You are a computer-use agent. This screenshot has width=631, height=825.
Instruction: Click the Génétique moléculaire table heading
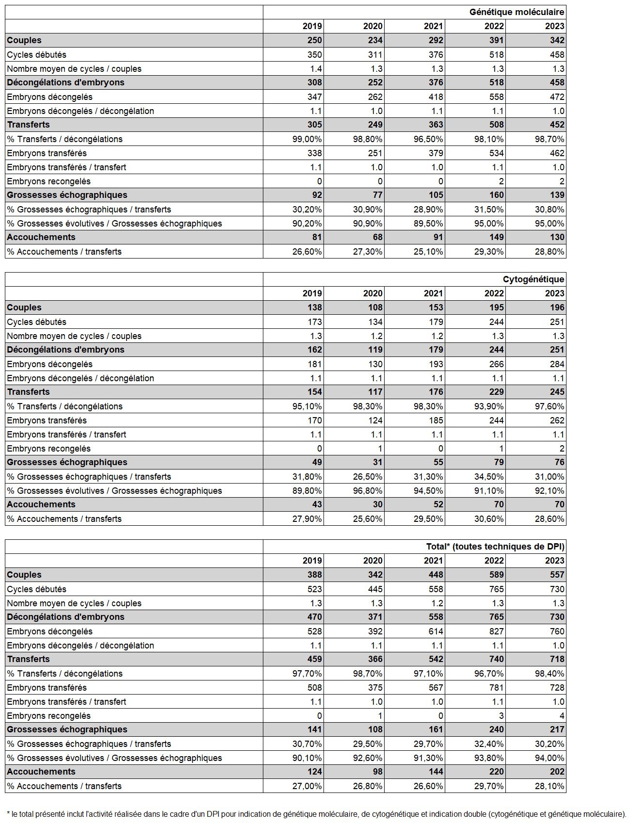[517, 12]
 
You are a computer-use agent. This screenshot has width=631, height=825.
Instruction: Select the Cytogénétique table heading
[533, 279]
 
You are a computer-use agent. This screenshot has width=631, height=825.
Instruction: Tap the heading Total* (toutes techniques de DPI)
[495, 547]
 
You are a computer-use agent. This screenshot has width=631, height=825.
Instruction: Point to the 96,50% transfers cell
[428, 139]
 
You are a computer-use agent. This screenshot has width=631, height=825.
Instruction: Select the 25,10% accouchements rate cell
[428, 252]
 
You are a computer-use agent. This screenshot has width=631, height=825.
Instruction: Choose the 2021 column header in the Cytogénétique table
[433, 293]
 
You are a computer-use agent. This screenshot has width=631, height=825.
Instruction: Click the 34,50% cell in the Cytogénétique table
[488, 477]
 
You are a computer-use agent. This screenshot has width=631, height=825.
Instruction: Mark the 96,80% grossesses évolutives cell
[367, 491]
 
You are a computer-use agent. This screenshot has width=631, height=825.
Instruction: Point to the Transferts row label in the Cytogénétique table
[29, 392]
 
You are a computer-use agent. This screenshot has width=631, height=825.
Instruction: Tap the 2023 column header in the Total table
[554, 561]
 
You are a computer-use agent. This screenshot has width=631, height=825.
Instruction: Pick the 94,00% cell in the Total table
[549, 758]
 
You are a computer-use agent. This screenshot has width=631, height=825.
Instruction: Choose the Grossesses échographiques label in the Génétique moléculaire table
[67, 195]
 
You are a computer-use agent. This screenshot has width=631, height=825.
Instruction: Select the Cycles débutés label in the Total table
[37, 589]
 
